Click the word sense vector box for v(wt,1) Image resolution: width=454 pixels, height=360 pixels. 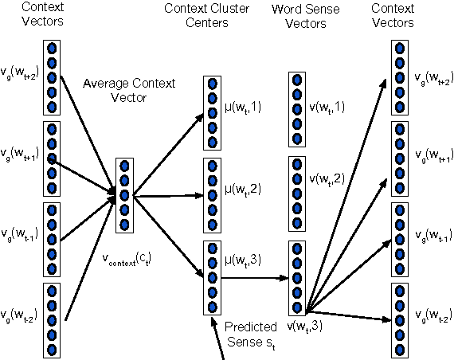tap(296, 108)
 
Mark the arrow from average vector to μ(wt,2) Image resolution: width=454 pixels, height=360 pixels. tap(167, 194)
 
